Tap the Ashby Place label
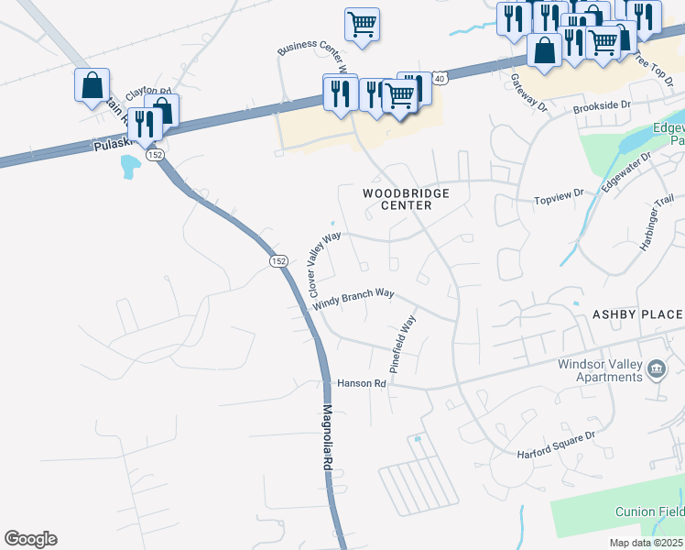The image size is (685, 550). [637, 313]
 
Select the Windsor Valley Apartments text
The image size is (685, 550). [600, 370]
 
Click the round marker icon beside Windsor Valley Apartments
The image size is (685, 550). [656, 369]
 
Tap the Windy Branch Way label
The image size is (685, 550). [353, 300]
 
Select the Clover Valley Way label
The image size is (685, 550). [323, 248]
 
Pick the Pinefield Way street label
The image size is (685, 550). [402, 341]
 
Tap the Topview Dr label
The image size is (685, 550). [559, 194]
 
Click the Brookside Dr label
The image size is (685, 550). [603, 106]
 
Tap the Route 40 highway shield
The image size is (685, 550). [440, 79]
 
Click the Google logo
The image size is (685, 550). [30, 539]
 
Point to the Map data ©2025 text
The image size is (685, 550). [645, 541]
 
